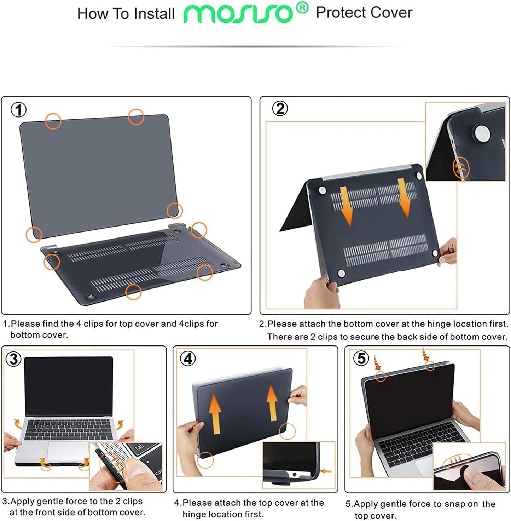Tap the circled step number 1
[18, 110]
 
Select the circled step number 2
[280, 109]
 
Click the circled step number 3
[13, 359]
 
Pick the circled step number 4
[188, 359]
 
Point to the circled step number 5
[361, 358]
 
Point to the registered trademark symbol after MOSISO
[302, 8]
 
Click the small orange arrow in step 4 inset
[326, 471]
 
